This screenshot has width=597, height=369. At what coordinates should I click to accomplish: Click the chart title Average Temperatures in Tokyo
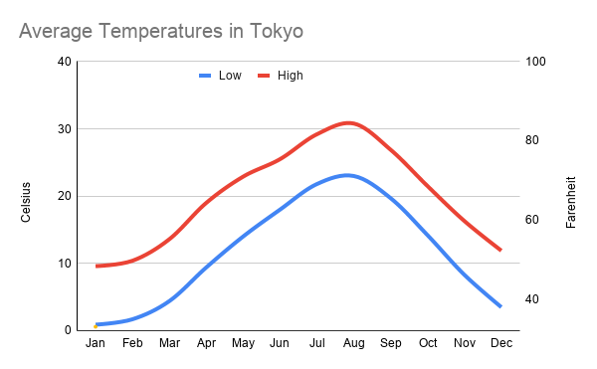161,31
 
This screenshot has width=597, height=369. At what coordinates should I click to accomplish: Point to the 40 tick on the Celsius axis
65,62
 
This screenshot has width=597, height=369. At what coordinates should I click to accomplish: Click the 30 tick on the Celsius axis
65,129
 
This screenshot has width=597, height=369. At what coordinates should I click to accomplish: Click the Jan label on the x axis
96,344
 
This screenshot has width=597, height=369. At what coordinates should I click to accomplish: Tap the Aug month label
353,344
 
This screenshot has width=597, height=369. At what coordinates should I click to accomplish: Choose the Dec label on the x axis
501,344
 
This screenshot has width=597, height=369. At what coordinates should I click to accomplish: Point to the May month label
243,344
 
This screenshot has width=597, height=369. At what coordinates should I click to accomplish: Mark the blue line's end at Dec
500,306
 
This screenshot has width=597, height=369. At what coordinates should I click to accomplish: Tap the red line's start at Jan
97,266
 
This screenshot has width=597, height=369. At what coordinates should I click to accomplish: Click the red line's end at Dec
500,250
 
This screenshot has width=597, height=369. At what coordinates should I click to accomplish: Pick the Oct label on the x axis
428,344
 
